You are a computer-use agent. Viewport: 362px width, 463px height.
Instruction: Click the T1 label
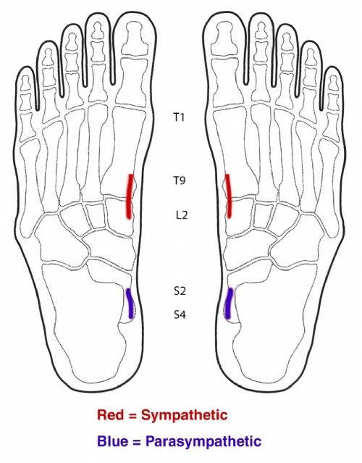tap(179, 117)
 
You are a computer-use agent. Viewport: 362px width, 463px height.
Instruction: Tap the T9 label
tap(179, 180)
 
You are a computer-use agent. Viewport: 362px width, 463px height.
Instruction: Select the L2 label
tap(182, 215)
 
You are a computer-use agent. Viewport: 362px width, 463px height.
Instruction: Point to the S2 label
tap(180, 291)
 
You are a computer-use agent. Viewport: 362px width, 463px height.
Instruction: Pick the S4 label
tap(180, 314)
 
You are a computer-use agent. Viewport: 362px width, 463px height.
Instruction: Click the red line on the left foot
tap(130, 196)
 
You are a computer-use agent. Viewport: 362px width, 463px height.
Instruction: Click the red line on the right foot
tap(228, 196)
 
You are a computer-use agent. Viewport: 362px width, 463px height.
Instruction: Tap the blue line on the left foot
tap(130, 304)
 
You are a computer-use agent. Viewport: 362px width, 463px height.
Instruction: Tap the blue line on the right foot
tap(229, 304)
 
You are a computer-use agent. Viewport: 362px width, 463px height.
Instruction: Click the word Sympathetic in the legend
tap(185, 415)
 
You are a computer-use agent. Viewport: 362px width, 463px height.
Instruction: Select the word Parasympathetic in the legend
tap(203, 442)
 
